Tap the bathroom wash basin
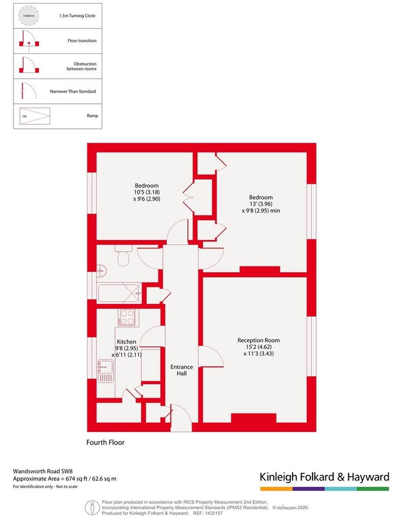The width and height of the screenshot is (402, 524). pyautogui.click(x=102, y=271)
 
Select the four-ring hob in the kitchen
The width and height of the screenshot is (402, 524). pyautogui.click(x=127, y=317)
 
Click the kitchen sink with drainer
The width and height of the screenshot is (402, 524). pyautogui.click(x=105, y=371)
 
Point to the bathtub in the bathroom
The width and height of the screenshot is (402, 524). pyautogui.click(x=119, y=293)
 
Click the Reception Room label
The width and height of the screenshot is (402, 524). pyautogui.click(x=259, y=340)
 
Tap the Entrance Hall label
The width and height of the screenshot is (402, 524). pyautogui.click(x=182, y=370)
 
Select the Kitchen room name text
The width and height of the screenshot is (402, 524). pyautogui.click(x=126, y=341)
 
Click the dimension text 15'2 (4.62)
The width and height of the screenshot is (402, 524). pyautogui.click(x=259, y=347)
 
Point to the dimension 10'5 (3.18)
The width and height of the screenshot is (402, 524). pyautogui.click(x=147, y=192)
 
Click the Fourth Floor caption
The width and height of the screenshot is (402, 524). pyautogui.click(x=105, y=443)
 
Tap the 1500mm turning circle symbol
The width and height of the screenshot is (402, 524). pyautogui.click(x=28, y=16)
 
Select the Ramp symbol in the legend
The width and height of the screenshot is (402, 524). pyautogui.click(x=35, y=116)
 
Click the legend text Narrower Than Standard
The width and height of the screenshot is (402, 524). pyautogui.click(x=73, y=91)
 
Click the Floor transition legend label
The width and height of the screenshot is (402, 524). pyautogui.click(x=82, y=41)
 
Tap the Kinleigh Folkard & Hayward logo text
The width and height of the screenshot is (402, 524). pyautogui.click(x=325, y=477)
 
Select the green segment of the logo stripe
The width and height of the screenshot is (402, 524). pyautogui.click(x=373, y=489)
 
